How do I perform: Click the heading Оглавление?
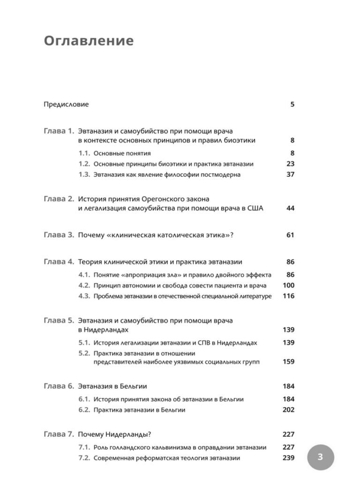pyautogui.click(x=89, y=41)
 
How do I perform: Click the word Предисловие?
pyautogui.click(x=66, y=105)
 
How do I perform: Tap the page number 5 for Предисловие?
pyautogui.click(x=292, y=105)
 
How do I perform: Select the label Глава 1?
pyautogui.click(x=59, y=131)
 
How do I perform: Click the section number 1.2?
pyautogui.click(x=84, y=164)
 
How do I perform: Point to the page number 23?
pyautogui.click(x=290, y=164)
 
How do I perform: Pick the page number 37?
pyautogui.click(x=290, y=175)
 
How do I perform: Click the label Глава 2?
pyautogui.click(x=59, y=199)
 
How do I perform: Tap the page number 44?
pyautogui.click(x=290, y=208)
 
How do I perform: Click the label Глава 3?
pyautogui.click(x=59, y=235)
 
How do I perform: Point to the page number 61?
pyautogui.click(x=290, y=235)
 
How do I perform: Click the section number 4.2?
pyautogui.click(x=84, y=286)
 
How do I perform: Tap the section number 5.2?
pyautogui.click(x=84, y=353)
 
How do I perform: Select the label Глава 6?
pyautogui.click(x=59, y=386)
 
